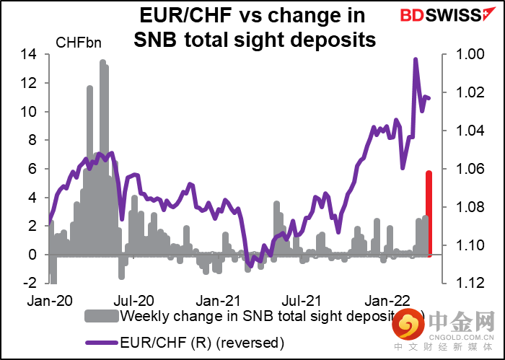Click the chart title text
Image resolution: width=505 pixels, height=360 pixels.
255,27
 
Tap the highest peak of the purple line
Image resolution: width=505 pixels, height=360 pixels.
415,60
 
